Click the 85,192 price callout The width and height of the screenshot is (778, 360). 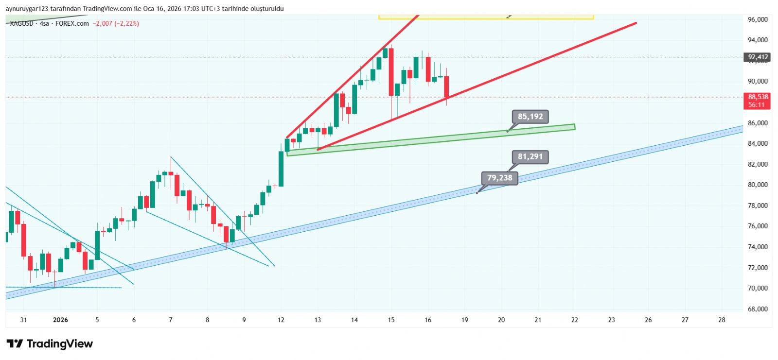pyautogui.click(x=530, y=117)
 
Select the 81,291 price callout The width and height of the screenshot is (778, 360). pyautogui.click(x=530, y=156)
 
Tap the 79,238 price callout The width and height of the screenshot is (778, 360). pyautogui.click(x=499, y=178)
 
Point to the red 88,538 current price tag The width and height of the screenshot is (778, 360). pyautogui.click(x=758, y=101)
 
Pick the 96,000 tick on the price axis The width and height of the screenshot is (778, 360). pyautogui.click(x=758, y=19)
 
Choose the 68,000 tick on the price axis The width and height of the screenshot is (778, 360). pyautogui.click(x=758, y=309)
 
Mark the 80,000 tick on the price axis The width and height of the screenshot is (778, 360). pyautogui.click(x=758, y=185)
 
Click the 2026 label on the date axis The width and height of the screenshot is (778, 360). pyautogui.click(x=60, y=320)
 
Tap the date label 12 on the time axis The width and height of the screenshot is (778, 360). pyautogui.click(x=281, y=320)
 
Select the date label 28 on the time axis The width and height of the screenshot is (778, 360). pyautogui.click(x=722, y=320)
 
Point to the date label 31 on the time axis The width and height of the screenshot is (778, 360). pyautogui.click(x=23, y=320)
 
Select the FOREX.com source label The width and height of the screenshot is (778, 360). pyautogui.click(x=72, y=23)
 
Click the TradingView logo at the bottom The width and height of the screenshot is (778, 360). pyautogui.click(x=50, y=344)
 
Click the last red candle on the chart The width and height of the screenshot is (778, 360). pyautogui.click(x=446, y=87)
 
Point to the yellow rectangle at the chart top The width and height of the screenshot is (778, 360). pyautogui.click(x=486, y=17)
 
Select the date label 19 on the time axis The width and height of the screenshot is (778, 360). pyautogui.click(x=464, y=320)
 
